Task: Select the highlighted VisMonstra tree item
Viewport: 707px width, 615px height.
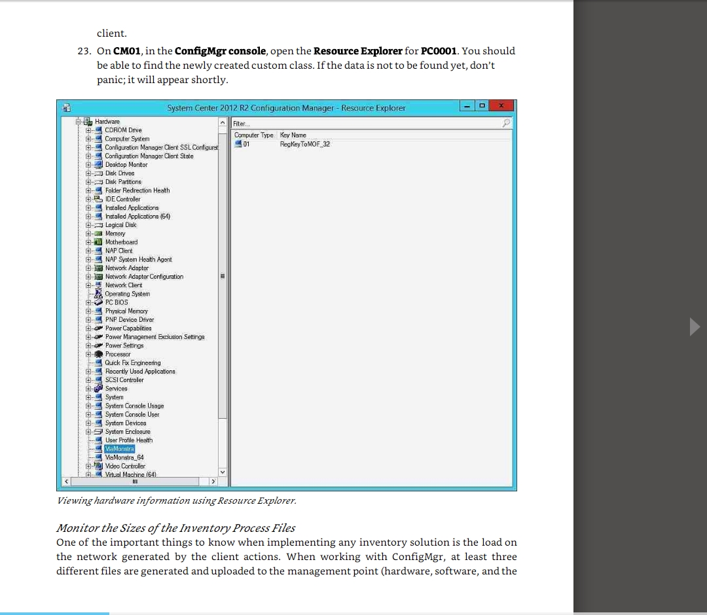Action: coord(119,449)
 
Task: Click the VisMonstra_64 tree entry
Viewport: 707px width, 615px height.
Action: coord(124,457)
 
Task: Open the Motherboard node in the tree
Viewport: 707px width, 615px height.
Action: coord(121,242)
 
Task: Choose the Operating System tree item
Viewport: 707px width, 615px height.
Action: coord(127,294)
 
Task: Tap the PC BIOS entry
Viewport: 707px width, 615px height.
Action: coord(117,302)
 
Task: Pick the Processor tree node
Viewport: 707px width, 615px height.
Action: coord(118,354)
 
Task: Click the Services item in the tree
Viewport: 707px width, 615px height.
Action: coord(116,388)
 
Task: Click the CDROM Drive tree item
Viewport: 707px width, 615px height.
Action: coord(123,130)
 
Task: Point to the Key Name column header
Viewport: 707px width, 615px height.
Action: coord(293,135)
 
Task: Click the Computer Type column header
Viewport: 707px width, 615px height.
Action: coord(254,135)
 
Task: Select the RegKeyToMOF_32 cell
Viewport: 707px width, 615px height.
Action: coord(304,144)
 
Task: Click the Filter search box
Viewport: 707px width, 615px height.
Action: coord(367,123)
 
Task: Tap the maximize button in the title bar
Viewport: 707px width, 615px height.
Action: coord(481,106)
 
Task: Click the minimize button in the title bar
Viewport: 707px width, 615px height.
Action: coord(467,106)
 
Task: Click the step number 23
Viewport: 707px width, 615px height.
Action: coord(84,51)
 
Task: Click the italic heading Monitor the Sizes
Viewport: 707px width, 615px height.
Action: coord(175,528)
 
